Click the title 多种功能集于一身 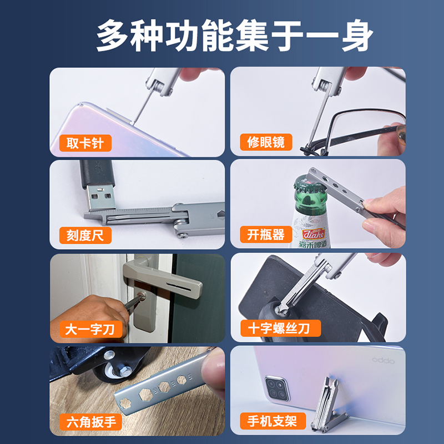click(222, 34)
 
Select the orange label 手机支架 click(272, 421)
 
